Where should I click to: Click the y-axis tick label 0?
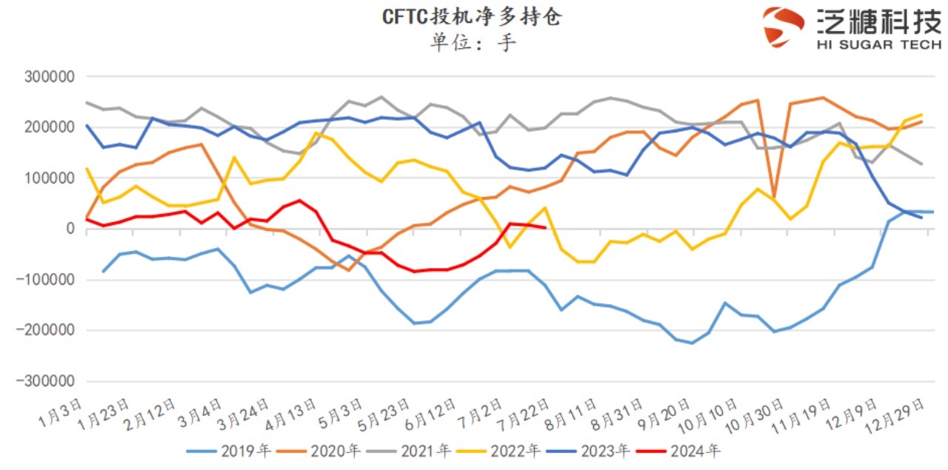[x=70, y=229]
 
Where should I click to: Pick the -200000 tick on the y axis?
[x=49, y=330]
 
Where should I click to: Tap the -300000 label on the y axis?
[x=49, y=381]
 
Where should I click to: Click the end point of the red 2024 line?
[x=545, y=228]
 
